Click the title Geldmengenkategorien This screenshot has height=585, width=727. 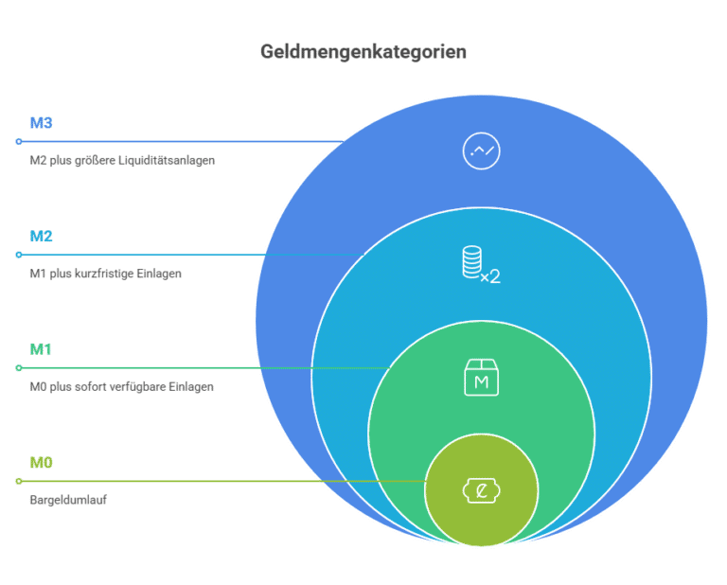click(x=363, y=52)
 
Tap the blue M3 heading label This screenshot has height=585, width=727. click(x=42, y=123)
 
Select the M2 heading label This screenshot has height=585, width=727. click(x=42, y=236)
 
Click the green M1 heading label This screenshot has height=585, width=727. click(x=41, y=349)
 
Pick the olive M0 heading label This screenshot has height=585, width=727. click(x=42, y=462)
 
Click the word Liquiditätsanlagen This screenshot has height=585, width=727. click(x=167, y=160)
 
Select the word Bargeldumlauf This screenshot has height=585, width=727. click(x=68, y=500)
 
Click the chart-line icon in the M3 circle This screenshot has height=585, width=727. click(x=481, y=151)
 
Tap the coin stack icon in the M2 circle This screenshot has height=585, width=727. click(x=481, y=265)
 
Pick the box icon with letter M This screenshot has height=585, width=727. click(x=481, y=378)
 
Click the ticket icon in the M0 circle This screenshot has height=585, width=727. click(x=481, y=490)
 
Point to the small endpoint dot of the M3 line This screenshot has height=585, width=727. click(x=19, y=141)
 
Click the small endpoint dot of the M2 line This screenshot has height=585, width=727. click(x=19, y=255)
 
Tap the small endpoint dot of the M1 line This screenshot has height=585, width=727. click(x=19, y=367)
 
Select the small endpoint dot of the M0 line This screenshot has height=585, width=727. click(x=19, y=481)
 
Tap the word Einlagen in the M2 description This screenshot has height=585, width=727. click(x=159, y=274)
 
